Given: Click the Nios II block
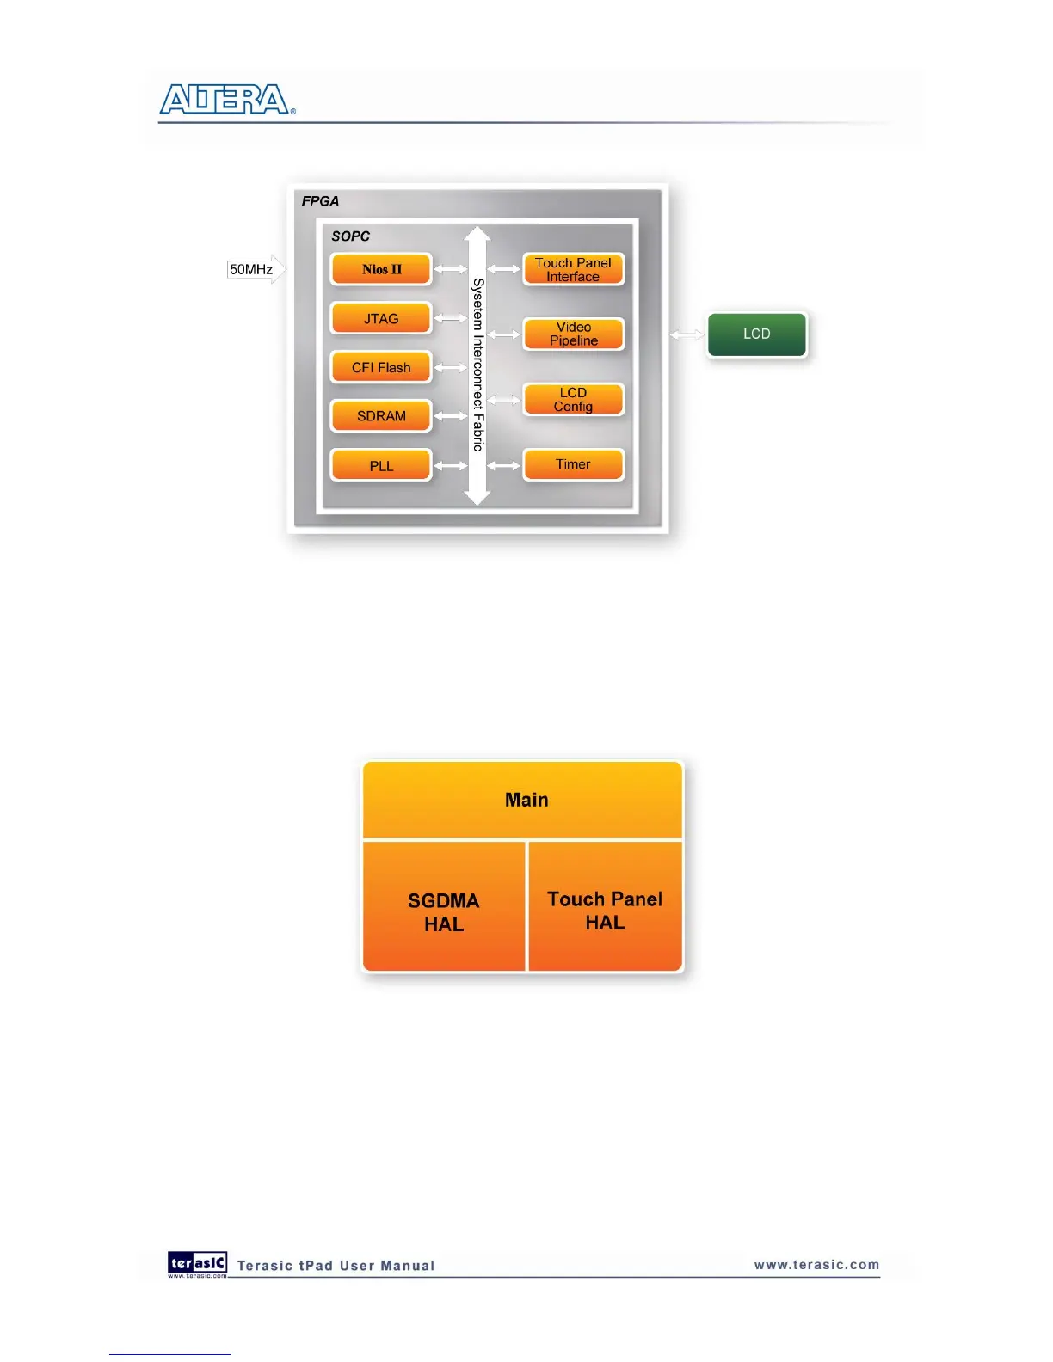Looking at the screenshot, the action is tap(381, 269).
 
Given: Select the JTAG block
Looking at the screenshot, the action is tap(381, 319).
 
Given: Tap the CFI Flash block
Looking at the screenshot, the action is tap(381, 368).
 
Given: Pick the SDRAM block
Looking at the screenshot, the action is tap(381, 416).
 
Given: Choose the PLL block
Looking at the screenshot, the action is tap(381, 466).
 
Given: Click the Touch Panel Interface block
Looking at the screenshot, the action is tap(573, 269).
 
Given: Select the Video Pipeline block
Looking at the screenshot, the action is tap(573, 334).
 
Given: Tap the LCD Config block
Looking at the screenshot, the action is tap(573, 400).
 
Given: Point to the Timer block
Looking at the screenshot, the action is tap(573, 464).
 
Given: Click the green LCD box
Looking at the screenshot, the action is tap(757, 334).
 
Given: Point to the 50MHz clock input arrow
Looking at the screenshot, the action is tap(256, 269).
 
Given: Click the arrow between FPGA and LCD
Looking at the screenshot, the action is tap(687, 334).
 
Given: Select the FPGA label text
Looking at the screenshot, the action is tap(320, 201).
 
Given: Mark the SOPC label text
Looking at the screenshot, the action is tap(351, 236).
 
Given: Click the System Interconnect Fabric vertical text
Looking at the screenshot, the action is tap(477, 365).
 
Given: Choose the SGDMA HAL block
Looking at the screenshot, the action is tap(444, 911).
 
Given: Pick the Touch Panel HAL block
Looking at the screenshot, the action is tap(605, 910).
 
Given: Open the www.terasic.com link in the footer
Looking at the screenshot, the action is tap(816, 1265).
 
